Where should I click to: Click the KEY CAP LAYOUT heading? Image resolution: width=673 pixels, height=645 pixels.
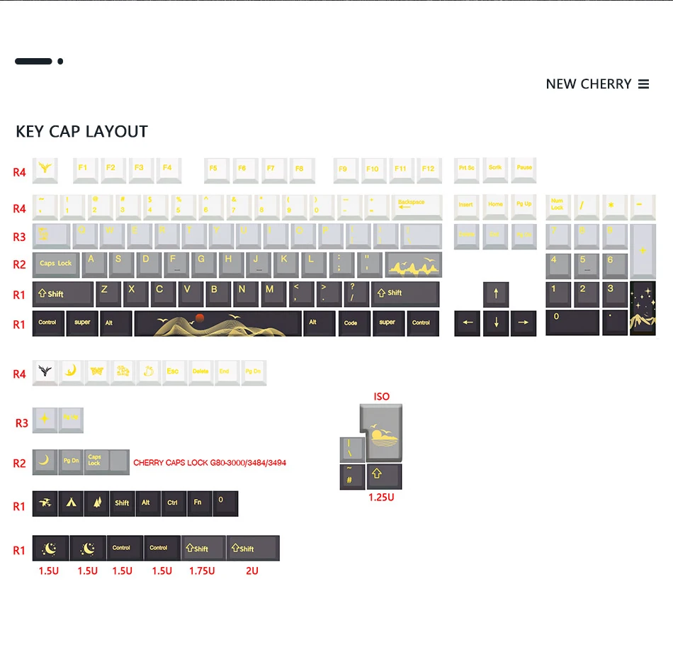click(x=81, y=132)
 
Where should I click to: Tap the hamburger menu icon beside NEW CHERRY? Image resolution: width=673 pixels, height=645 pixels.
click(x=643, y=84)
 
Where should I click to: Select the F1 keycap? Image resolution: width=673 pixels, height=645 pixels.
click(x=84, y=169)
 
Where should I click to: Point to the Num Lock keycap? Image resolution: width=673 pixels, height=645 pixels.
click(x=558, y=206)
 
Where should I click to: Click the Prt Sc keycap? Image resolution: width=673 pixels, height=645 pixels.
click(x=466, y=169)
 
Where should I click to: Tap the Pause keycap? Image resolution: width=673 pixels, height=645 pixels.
click(x=524, y=169)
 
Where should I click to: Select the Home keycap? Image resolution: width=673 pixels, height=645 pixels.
click(x=495, y=206)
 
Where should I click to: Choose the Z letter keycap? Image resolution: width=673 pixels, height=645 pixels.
click(x=105, y=293)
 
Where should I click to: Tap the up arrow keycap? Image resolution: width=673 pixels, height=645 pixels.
click(x=496, y=293)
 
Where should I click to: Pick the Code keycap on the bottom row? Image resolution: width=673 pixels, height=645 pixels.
click(x=351, y=323)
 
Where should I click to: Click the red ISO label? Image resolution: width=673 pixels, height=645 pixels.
click(x=381, y=397)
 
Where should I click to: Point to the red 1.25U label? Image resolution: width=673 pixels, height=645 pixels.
click(x=381, y=498)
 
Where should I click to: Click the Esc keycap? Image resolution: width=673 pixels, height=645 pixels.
click(x=173, y=372)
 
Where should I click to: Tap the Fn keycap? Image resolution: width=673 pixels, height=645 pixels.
click(x=198, y=503)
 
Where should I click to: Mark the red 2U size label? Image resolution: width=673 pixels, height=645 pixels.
click(x=251, y=571)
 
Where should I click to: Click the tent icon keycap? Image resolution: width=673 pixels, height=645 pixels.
click(x=71, y=503)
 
